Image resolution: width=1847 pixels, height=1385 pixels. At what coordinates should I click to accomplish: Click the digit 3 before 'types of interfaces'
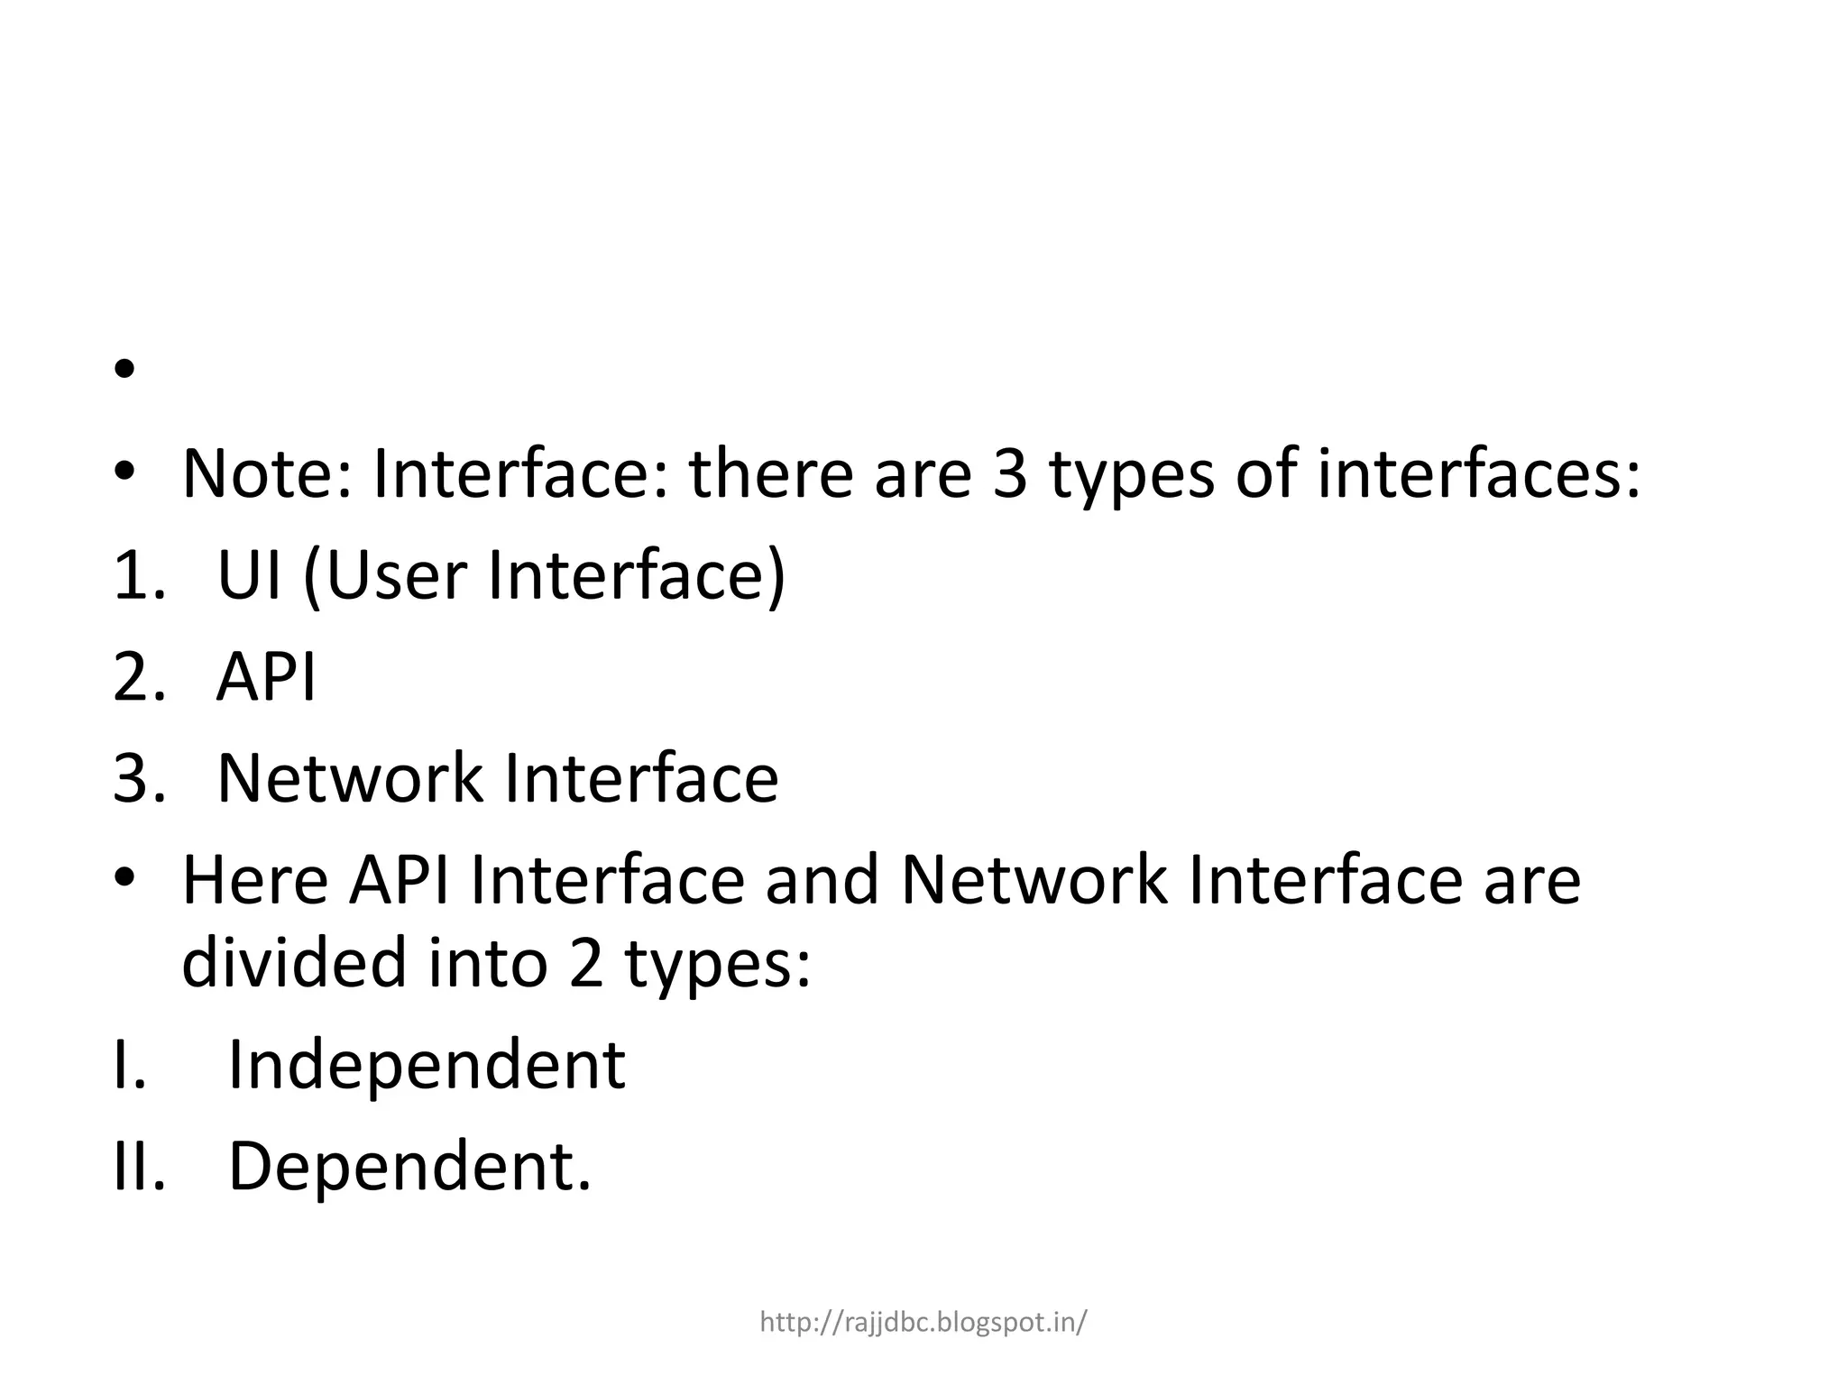tap(1009, 474)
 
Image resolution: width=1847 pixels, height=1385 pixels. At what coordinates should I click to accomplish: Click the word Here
tap(255, 880)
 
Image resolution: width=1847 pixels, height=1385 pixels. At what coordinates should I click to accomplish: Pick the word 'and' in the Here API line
tap(822, 880)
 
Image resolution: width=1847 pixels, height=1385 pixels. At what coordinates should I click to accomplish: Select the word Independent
tap(426, 1065)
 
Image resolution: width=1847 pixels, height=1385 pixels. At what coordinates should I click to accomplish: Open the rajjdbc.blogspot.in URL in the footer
tap(923, 1323)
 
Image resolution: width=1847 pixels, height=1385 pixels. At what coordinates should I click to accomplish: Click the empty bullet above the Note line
tap(124, 370)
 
